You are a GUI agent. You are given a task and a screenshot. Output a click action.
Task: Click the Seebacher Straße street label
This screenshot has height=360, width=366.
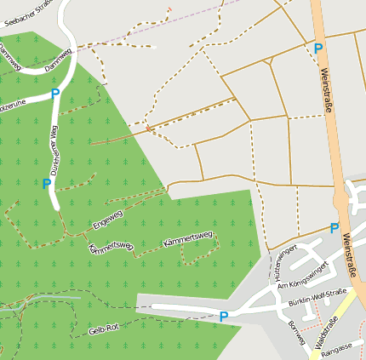pyautogui.click(x=28, y=13)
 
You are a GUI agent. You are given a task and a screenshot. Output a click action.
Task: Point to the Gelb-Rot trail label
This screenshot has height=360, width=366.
pyautogui.click(x=104, y=329)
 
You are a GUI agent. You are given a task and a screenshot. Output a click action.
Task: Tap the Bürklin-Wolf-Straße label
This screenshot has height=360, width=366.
pyautogui.click(x=317, y=297)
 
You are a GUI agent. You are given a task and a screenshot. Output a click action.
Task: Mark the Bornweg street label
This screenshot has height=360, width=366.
pyautogui.click(x=296, y=333)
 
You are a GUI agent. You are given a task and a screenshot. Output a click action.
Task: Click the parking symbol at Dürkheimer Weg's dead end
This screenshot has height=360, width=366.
pyautogui.click(x=47, y=183)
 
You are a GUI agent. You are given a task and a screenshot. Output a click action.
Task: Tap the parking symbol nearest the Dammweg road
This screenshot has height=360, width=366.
pyautogui.click(x=55, y=94)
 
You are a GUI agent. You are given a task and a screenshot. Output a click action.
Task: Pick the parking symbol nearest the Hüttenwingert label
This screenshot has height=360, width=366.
pyautogui.click(x=335, y=228)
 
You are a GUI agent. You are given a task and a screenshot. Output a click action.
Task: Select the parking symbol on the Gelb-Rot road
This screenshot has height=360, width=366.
pyautogui.click(x=224, y=317)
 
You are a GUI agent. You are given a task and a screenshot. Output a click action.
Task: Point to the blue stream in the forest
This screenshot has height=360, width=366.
pyautogui.click(x=43, y=300)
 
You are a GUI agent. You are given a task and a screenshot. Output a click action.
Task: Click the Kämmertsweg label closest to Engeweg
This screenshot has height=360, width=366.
pyautogui.click(x=111, y=248)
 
